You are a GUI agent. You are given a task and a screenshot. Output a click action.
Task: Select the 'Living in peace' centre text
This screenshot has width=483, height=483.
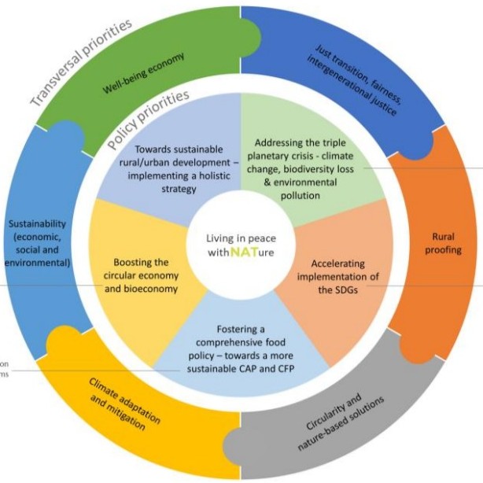pyautogui.click(x=241, y=238)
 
